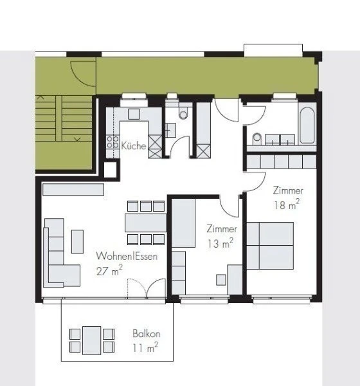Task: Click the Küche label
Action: (x=134, y=146)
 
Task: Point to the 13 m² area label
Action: (x=220, y=243)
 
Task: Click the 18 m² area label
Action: (x=287, y=205)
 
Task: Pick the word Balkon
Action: (x=146, y=335)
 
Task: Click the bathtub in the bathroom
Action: (x=307, y=125)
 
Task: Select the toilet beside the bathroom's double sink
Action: (x=256, y=137)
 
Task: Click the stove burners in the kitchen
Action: (x=113, y=143)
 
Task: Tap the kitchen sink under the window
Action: (x=134, y=114)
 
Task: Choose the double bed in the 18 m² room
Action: (x=270, y=245)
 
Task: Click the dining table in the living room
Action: (x=145, y=223)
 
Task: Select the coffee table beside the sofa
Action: (x=77, y=241)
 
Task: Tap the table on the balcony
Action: (x=91, y=340)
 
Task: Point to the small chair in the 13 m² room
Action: (x=221, y=279)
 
